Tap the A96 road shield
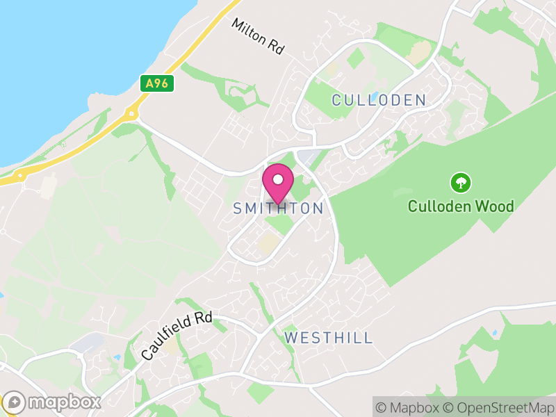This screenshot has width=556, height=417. click(x=156, y=84)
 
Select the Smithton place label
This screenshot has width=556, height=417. click(x=278, y=208)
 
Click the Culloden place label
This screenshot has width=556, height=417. click(x=379, y=100)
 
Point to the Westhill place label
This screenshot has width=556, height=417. click(x=329, y=338)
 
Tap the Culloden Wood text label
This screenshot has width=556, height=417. click(x=461, y=206)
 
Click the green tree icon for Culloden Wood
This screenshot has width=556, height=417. click(x=461, y=183)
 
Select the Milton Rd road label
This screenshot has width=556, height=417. click(x=259, y=37)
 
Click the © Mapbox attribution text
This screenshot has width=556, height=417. click(x=410, y=407)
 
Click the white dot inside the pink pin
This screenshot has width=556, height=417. click(x=278, y=179)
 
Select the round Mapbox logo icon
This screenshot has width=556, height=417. click(x=14, y=402)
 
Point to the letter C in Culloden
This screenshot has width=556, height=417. click(x=337, y=100)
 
